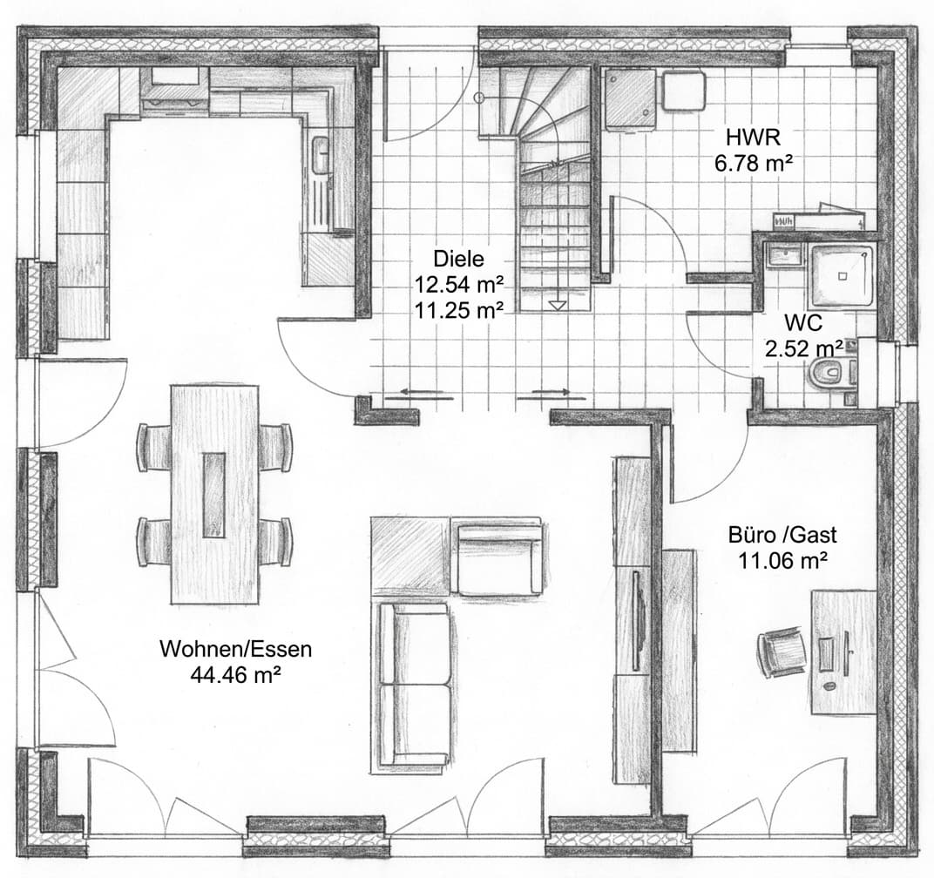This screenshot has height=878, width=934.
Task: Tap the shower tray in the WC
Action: (x=841, y=274)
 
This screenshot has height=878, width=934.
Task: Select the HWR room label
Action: (x=747, y=137)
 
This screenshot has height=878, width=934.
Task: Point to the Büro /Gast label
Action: (x=782, y=536)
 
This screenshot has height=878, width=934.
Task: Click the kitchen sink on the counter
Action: (x=321, y=156)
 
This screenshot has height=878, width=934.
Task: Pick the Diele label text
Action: (x=457, y=259)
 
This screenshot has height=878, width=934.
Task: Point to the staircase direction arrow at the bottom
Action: (x=558, y=305)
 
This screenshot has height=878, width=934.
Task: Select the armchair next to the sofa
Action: (x=498, y=557)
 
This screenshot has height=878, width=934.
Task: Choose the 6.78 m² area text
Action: (x=747, y=161)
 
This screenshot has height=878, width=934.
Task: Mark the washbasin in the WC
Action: (x=783, y=255)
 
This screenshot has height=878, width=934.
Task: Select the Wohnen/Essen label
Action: (x=235, y=649)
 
